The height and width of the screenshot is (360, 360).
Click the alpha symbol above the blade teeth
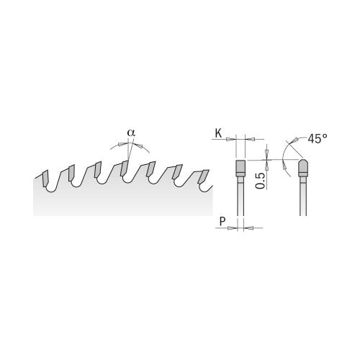coord(130,132)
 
